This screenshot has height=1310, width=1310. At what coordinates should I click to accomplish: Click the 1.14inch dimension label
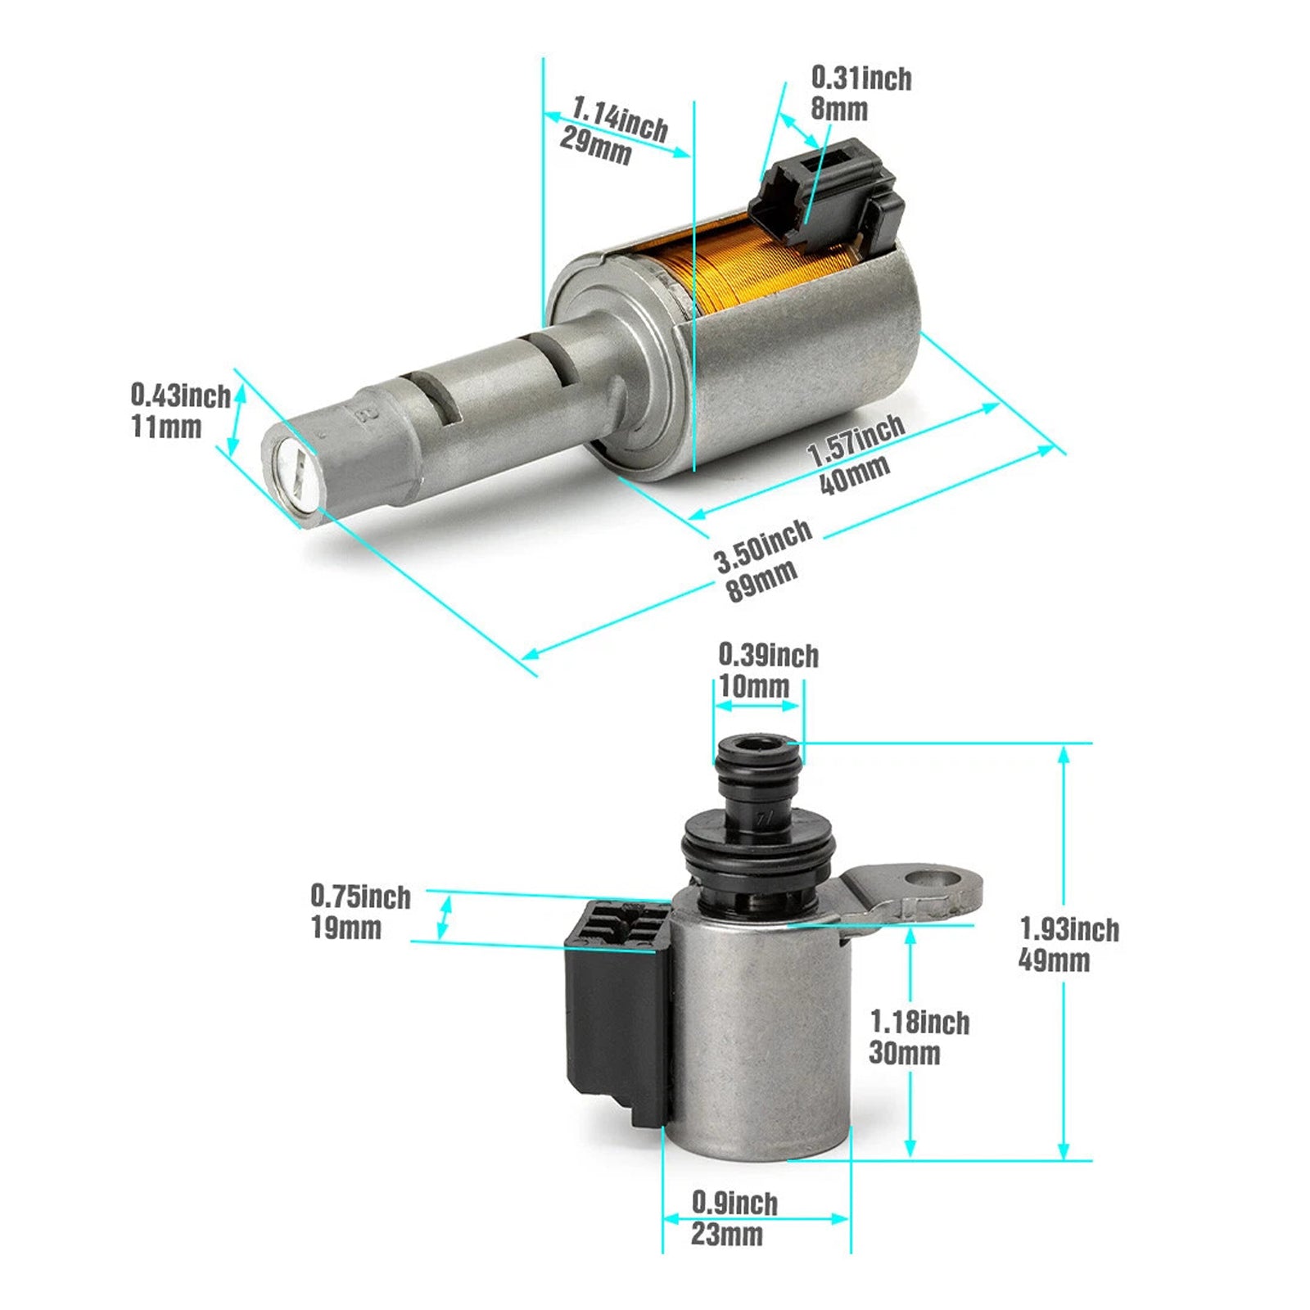[x=620, y=119]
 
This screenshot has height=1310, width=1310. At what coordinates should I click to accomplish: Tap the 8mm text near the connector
[x=838, y=109]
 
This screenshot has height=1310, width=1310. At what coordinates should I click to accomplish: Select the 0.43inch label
[x=180, y=395]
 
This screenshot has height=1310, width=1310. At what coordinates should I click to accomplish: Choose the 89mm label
[x=761, y=580]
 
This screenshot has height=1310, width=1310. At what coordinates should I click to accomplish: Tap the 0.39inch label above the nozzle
[x=768, y=655]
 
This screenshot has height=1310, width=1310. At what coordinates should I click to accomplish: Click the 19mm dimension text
[x=346, y=928]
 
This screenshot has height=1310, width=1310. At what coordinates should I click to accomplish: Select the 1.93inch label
[x=1069, y=929]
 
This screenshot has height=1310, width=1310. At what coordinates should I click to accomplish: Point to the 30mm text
[x=904, y=1053]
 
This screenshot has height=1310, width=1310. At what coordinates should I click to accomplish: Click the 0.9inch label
[x=734, y=1203]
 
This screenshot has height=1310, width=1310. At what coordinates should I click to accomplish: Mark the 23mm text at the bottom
[x=726, y=1234]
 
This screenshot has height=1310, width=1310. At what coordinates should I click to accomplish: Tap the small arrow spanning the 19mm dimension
[x=444, y=917]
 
